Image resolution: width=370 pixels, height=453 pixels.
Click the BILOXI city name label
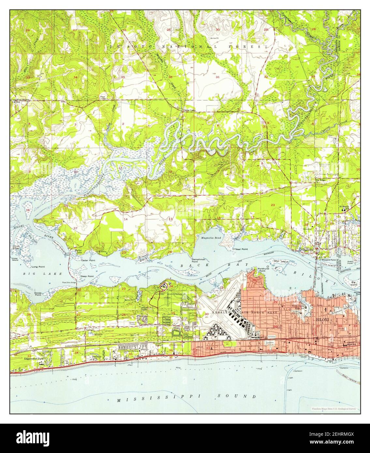click(323, 320)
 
